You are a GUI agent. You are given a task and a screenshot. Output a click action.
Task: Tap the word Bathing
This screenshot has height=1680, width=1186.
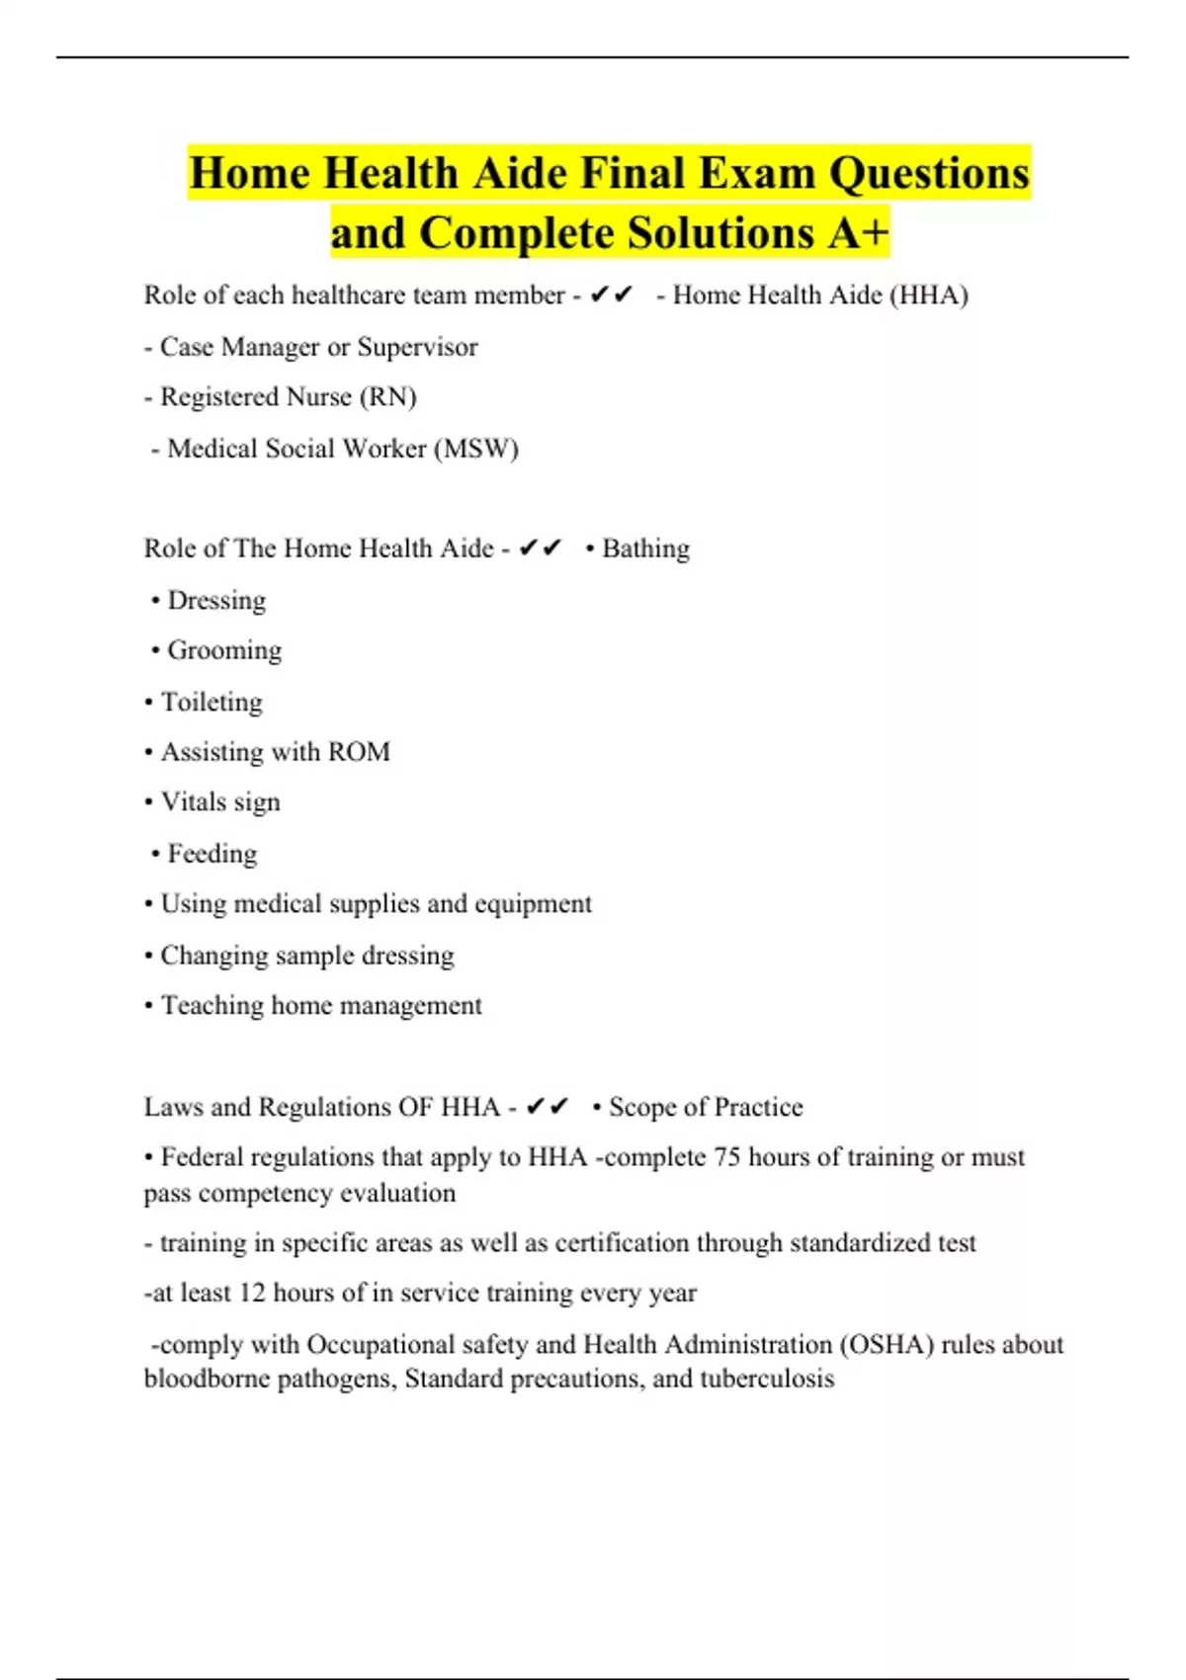click(645, 548)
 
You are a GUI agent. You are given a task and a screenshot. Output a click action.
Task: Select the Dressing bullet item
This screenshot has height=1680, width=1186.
click(215, 601)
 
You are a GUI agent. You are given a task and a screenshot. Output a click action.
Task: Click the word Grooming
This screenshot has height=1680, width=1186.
click(224, 650)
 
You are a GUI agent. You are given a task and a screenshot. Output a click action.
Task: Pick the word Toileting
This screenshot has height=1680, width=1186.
click(212, 702)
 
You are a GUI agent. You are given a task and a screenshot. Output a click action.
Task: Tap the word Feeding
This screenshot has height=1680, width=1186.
click(212, 854)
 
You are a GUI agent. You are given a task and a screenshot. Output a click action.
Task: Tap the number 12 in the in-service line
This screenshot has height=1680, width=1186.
click(252, 1294)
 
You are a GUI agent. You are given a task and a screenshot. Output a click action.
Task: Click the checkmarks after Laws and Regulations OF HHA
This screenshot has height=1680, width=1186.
click(547, 1107)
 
